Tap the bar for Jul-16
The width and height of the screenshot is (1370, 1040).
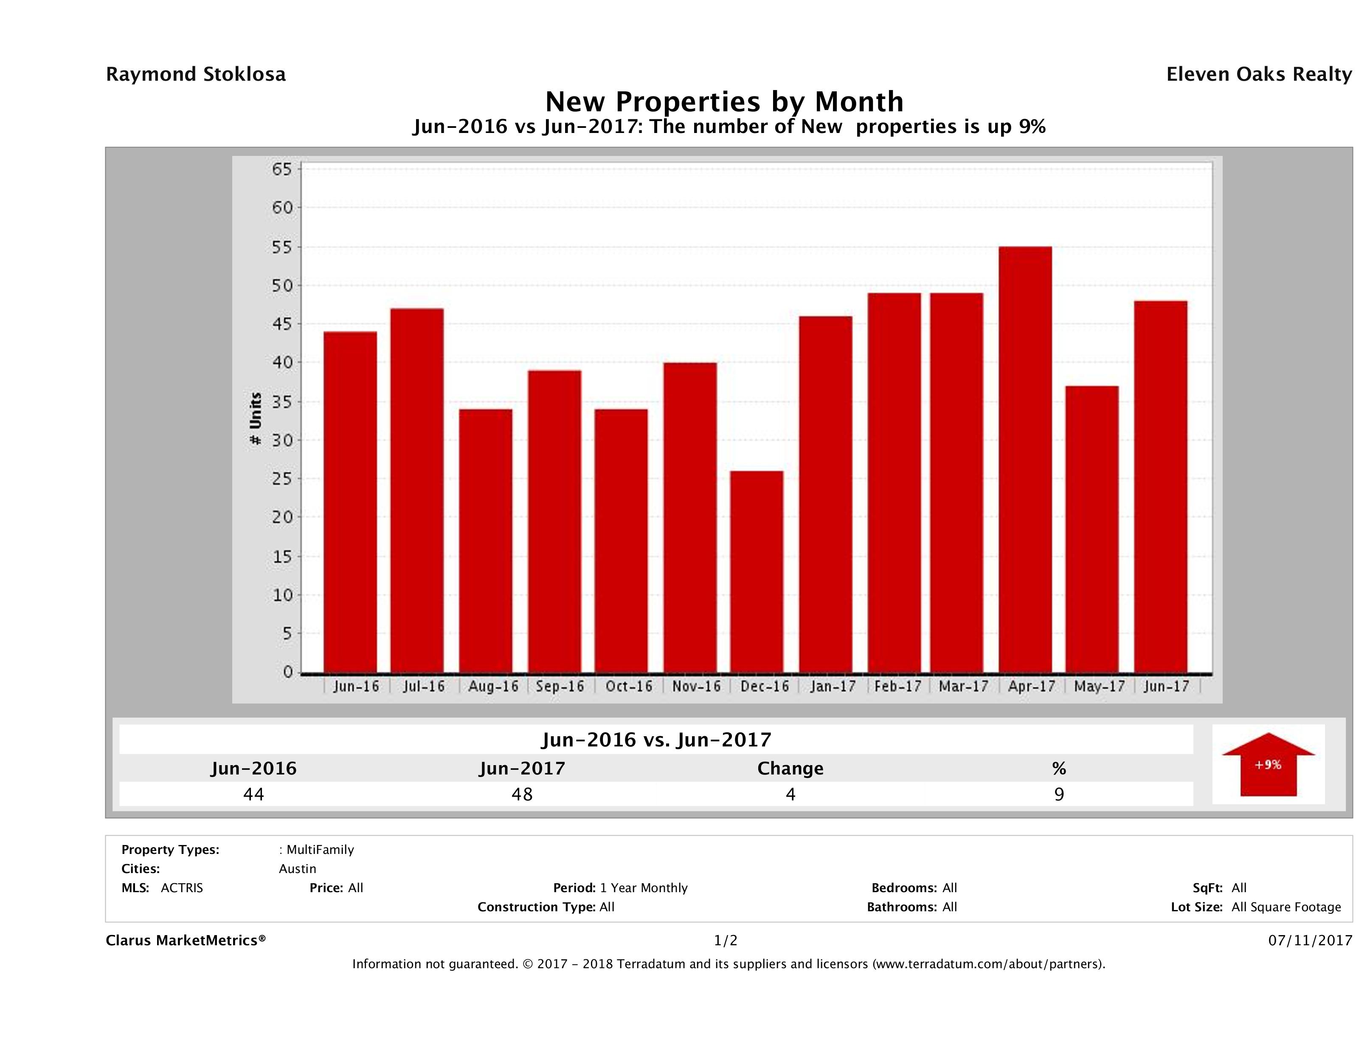[x=417, y=490]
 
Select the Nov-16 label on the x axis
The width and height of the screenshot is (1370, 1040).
[x=697, y=687]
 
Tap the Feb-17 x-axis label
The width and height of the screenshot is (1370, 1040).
[x=898, y=687]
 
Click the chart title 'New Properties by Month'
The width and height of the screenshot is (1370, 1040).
[x=724, y=102]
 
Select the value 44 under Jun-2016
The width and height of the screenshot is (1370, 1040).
[x=254, y=794]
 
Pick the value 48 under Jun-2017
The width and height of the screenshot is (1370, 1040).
[x=522, y=794]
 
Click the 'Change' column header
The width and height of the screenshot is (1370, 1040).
[x=790, y=769]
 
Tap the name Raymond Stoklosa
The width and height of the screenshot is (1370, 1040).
[x=196, y=74]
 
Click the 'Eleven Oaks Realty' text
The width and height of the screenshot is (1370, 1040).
[x=1258, y=74]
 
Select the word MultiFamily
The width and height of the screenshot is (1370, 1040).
[x=320, y=850]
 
